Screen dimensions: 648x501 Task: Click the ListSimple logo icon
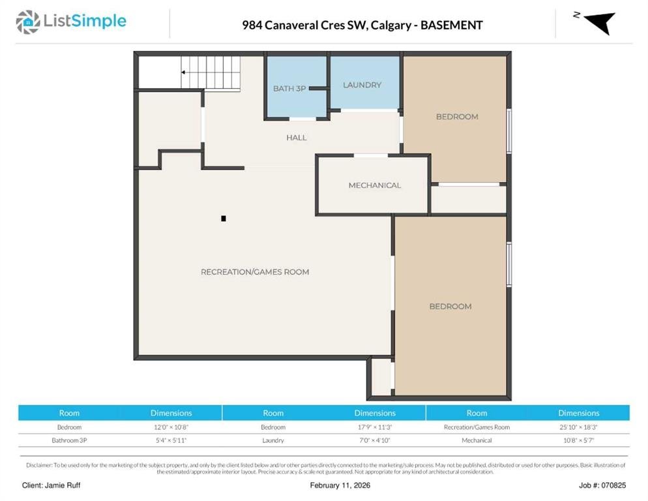click(x=27, y=22)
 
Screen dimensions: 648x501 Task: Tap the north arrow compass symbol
click(x=599, y=22)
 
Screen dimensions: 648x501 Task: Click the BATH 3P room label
click(x=289, y=89)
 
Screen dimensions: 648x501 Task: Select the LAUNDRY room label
click(x=362, y=85)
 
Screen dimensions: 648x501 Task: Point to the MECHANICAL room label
click(x=374, y=185)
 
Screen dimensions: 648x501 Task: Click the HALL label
click(x=297, y=138)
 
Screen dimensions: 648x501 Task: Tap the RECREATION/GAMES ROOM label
click(x=255, y=272)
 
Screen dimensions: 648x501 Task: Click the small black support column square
click(x=224, y=219)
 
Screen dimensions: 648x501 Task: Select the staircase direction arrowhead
click(x=183, y=72)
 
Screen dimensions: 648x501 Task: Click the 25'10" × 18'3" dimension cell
click(x=579, y=427)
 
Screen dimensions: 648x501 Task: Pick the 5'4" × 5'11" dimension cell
click(x=171, y=440)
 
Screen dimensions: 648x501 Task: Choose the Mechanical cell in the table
click(x=477, y=440)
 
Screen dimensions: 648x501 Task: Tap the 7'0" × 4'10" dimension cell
click(x=374, y=440)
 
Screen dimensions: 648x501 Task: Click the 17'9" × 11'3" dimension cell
click(x=374, y=427)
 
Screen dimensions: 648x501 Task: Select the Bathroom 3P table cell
click(x=69, y=440)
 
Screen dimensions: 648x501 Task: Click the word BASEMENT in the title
click(x=451, y=25)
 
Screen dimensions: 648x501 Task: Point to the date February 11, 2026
click(x=340, y=485)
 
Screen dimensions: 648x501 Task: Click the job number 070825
click(x=613, y=485)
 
